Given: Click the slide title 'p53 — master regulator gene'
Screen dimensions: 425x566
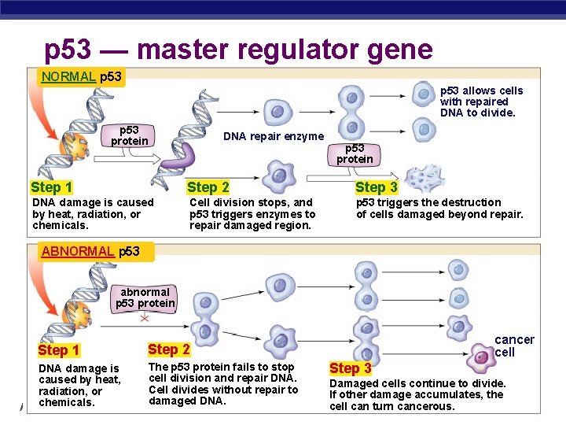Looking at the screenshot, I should tap(238, 50).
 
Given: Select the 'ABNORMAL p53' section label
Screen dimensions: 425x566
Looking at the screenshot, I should tap(90, 251).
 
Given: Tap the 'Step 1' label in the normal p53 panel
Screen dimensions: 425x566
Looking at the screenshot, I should tap(52, 187).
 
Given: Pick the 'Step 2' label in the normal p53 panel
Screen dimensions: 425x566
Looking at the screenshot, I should tap(208, 187).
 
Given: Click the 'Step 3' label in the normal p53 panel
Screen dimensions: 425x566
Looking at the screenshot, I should tap(377, 187).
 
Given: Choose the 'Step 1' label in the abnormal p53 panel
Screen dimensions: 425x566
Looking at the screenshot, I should tap(59, 350).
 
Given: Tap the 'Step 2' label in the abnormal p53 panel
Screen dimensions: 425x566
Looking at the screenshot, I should tap(169, 349).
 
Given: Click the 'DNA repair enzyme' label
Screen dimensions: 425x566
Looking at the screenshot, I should tap(274, 136).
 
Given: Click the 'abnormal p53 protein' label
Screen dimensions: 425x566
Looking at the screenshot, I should tap(145, 297).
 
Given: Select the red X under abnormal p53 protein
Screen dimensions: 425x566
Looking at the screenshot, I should tap(145, 319).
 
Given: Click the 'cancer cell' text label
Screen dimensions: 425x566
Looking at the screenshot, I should tap(514, 346).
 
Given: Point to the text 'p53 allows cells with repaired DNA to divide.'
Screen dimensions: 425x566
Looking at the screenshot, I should tap(480, 102).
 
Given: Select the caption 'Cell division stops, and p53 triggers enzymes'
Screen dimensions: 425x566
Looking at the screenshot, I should tap(252, 214).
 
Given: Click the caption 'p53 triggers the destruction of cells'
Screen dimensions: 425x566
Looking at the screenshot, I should tap(439, 209).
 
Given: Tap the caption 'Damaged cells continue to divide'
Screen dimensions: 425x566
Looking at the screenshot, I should tap(417, 394).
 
